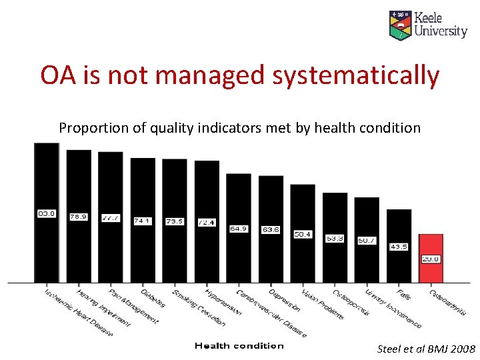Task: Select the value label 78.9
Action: click(79, 216)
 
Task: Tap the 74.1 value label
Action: click(143, 221)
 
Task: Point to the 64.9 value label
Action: click(239, 228)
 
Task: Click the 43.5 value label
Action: click(399, 247)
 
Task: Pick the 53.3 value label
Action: click(335, 238)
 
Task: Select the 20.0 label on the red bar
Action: click(431, 259)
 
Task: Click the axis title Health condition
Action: click(239, 345)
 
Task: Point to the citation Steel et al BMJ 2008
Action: click(426, 349)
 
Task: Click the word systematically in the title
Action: click(355, 75)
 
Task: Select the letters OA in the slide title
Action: click(57, 75)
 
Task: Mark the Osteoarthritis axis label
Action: click(447, 302)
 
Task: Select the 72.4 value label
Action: click(207, 222)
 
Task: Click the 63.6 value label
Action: click(271, 229)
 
